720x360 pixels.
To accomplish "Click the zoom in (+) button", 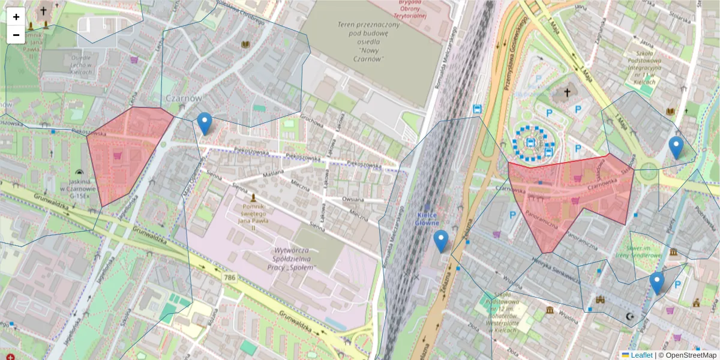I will click(x=16, y=17).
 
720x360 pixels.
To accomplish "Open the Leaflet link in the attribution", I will click(x=641, y=355).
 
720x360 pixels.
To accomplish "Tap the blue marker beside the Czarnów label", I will click(x=205, y=124).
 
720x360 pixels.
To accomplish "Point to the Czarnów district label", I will click(x=183, y=98).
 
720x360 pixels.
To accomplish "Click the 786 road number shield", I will click(x=229, y=278).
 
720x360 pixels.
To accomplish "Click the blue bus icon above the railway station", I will click(x=478, y=109).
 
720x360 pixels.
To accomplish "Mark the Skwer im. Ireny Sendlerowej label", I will click(x=644, y=251).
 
